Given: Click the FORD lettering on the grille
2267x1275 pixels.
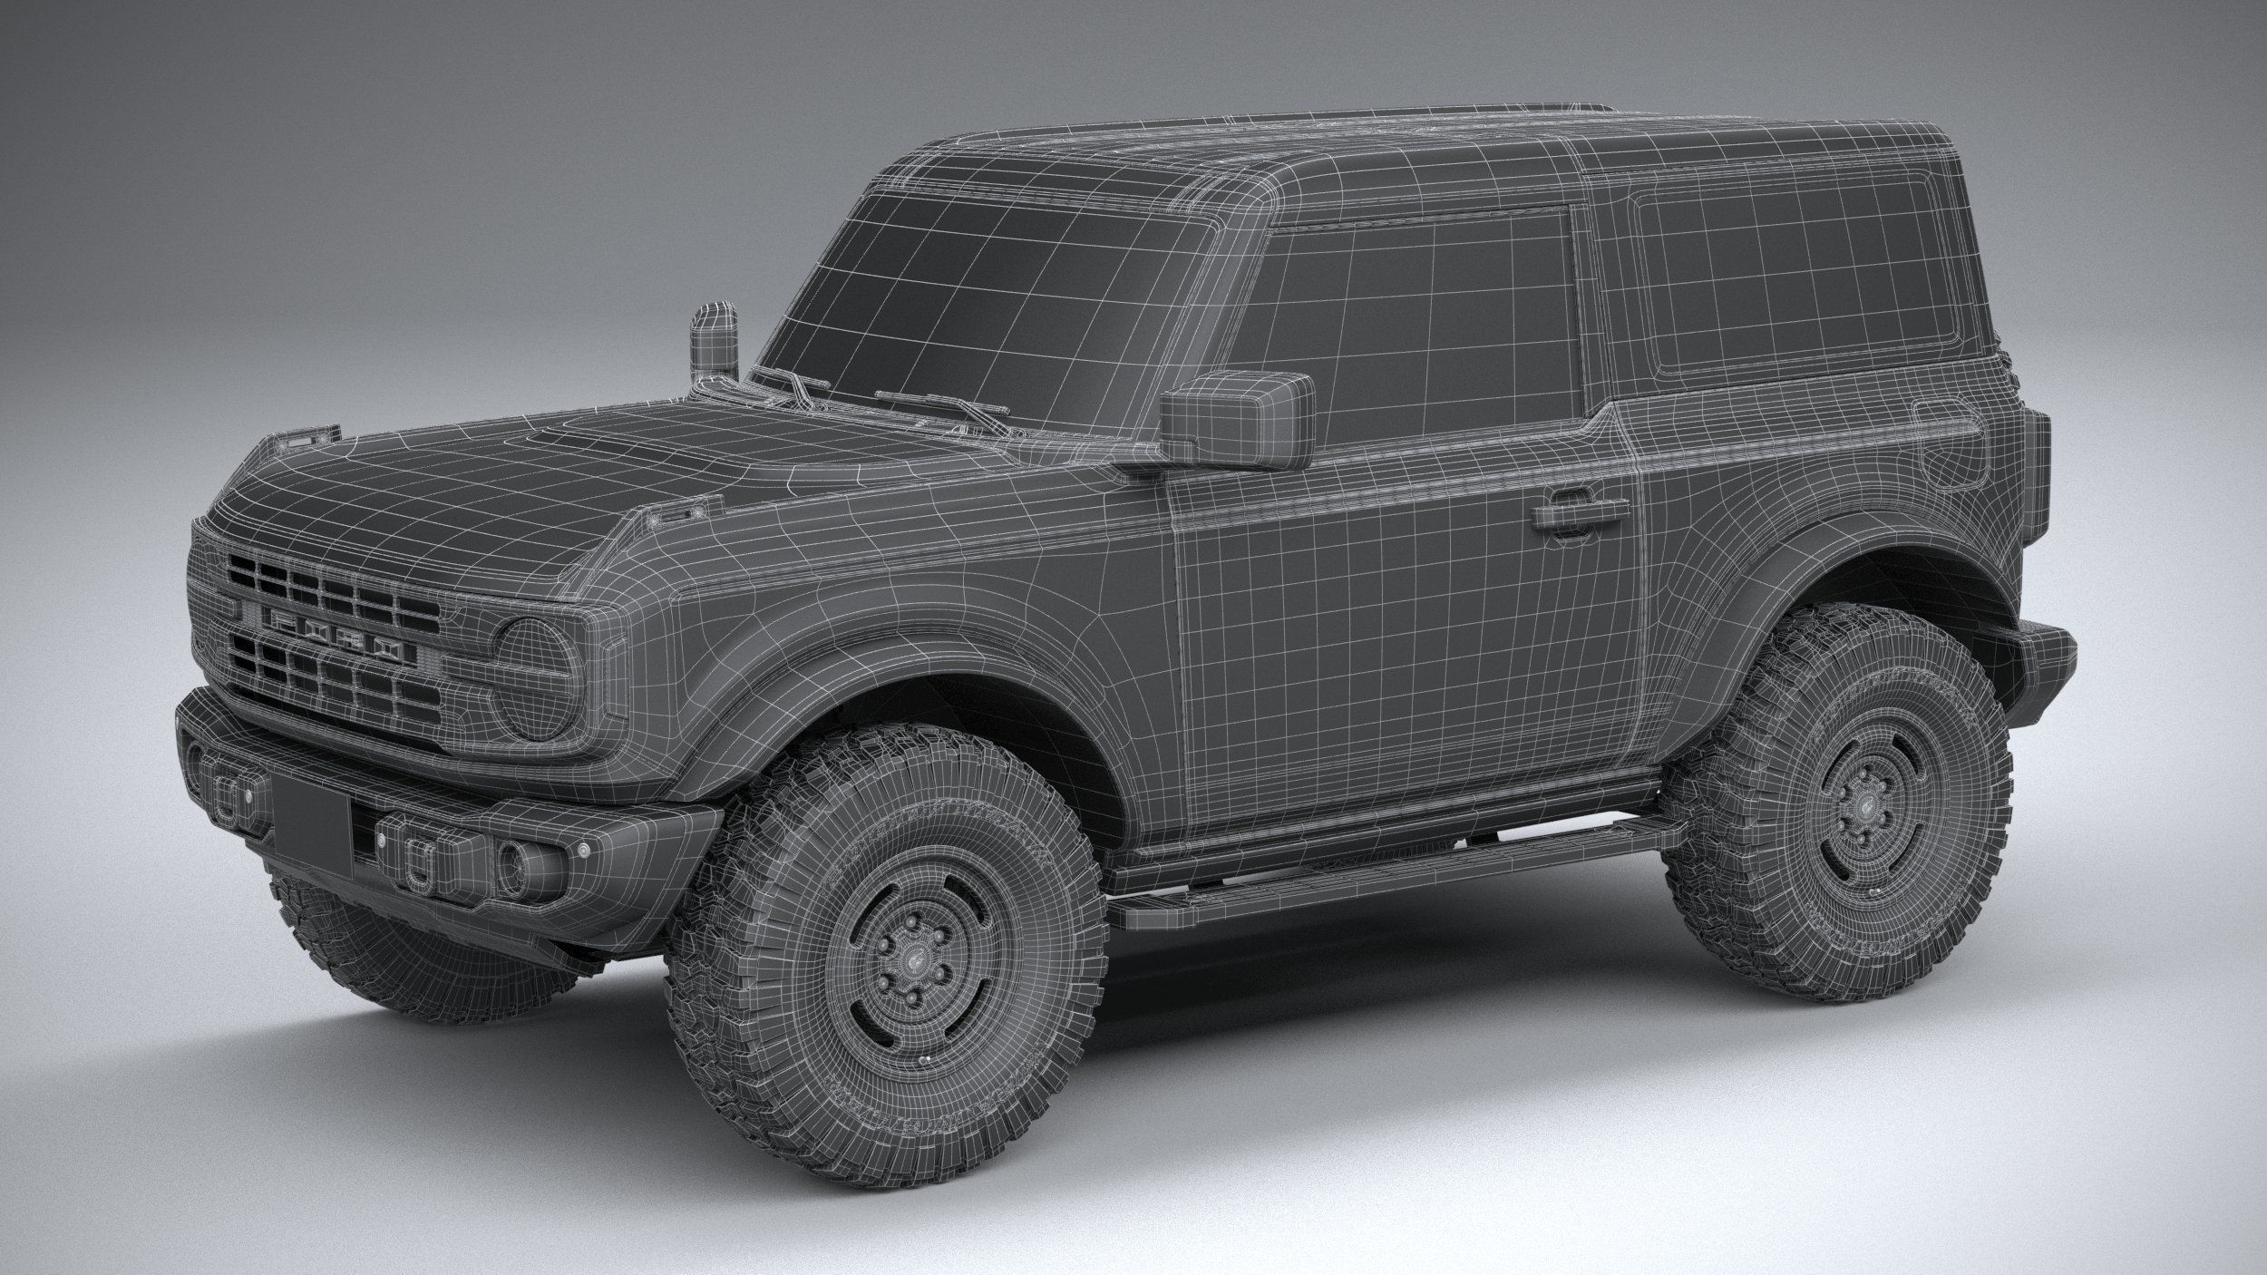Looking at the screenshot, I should [x=332, y=634].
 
